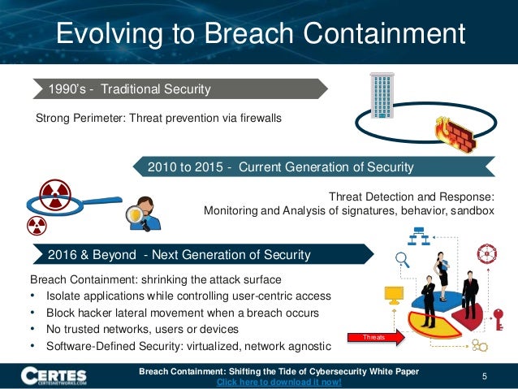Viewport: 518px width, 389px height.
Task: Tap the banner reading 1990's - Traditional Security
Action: pos(130,89)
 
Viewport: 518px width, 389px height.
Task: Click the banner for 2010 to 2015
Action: pos(280,167)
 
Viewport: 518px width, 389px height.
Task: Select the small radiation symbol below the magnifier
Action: pos(37,225)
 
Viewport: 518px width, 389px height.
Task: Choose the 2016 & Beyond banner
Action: pos(179,255)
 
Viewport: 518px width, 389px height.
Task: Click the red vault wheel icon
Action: pos(487,252)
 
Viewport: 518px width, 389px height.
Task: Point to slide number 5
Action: pos(484,375)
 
